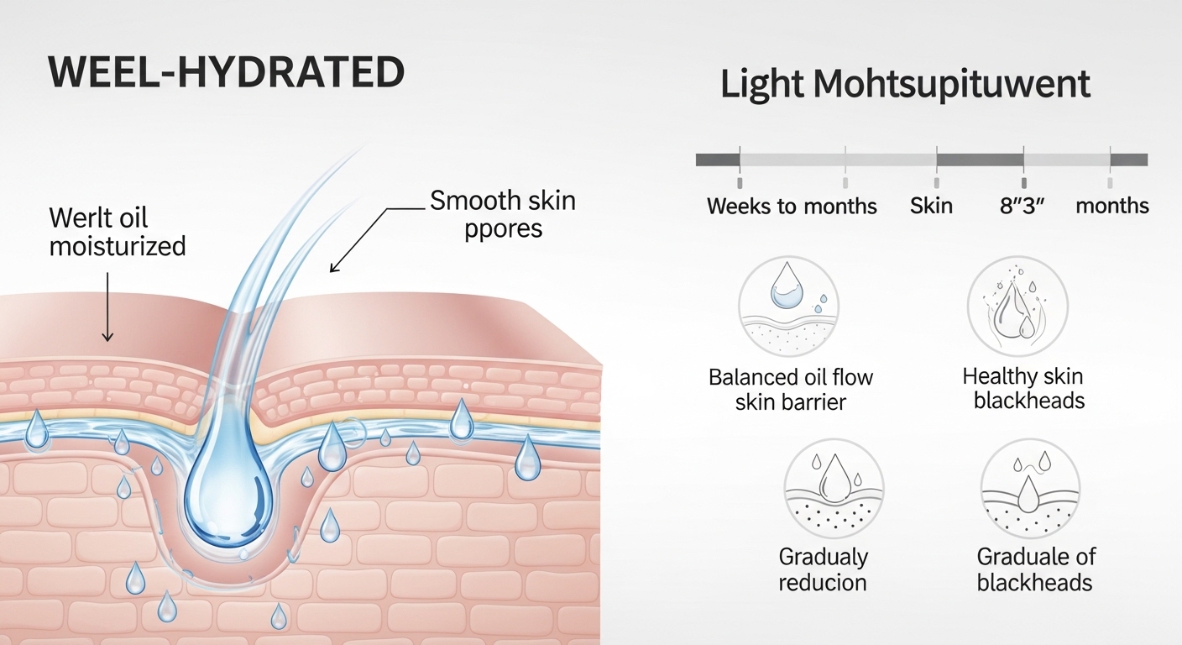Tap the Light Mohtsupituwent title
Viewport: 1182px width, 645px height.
[x=905, y=86]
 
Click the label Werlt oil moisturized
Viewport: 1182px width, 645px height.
[x=118, y=232]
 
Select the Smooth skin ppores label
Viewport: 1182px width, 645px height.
[x=502, y=213]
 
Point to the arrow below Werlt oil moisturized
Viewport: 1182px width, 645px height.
[x=107, y=311]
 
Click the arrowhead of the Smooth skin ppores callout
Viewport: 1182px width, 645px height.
[x=333, y=269]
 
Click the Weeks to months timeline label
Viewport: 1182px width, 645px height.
[x=792, y=207]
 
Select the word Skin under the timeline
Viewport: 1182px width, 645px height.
[x=931, y=207]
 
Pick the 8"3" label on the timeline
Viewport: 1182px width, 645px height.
[x=1021, y=207]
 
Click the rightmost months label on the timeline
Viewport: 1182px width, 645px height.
[x=1112, y=207]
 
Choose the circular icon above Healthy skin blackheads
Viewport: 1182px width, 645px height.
[x=1017, y=307]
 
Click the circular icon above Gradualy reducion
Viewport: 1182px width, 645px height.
[x=833, y=488]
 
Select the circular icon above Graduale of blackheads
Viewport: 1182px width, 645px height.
[x=1030, y=488]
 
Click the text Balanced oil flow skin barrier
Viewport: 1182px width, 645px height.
[x=791, y=390]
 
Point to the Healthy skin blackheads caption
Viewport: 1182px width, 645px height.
[x=1023, y=389]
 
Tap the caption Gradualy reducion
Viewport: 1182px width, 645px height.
[x=823, y=569]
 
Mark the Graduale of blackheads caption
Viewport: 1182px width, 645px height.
[x=1035, y=569]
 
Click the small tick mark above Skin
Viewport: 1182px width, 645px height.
[x=936, y=182]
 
